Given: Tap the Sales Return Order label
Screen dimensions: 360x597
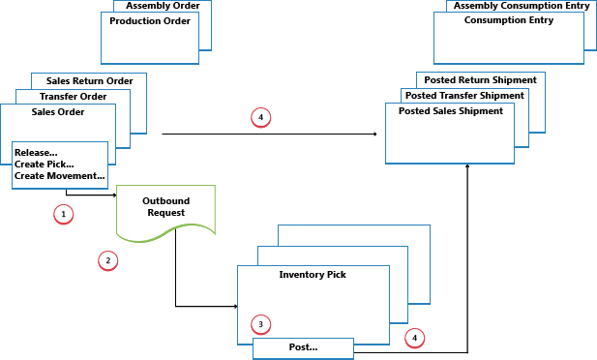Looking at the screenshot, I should pyautogui.click(x=88, y=81).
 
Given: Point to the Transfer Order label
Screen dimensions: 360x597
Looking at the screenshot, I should pyautogui.click(x=73, y=97).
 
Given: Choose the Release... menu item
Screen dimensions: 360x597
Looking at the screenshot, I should pyautogui.click(x=37, y=152).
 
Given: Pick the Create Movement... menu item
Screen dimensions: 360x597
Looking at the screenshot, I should pyautogui.click(x=59, y=175).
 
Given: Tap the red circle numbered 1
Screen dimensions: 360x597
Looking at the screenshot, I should pyautogui.click(x=64, y=213).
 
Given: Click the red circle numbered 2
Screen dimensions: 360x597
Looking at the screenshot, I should pyautogui.click(x=108, y=260).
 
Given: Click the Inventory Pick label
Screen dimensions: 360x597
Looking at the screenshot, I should pyautogui.click(x=313, y=275).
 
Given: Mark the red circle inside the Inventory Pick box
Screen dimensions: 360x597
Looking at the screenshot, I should pyautogui.click(x=258, y=323).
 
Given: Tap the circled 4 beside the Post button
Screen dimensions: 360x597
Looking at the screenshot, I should pyautogui.click(x=414, y=338).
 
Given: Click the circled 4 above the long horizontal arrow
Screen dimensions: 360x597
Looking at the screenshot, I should pyautogui.click(x=259, y=118).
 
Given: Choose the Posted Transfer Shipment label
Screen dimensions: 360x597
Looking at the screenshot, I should pyautogui.click(x=465, y=96).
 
